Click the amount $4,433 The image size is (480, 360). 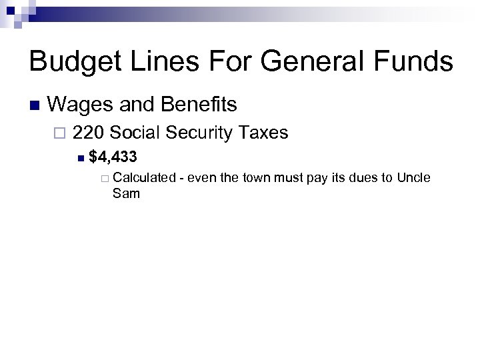tap(113, 157)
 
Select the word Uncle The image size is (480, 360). tap(414, 178)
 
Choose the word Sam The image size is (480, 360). tap(127, 194)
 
